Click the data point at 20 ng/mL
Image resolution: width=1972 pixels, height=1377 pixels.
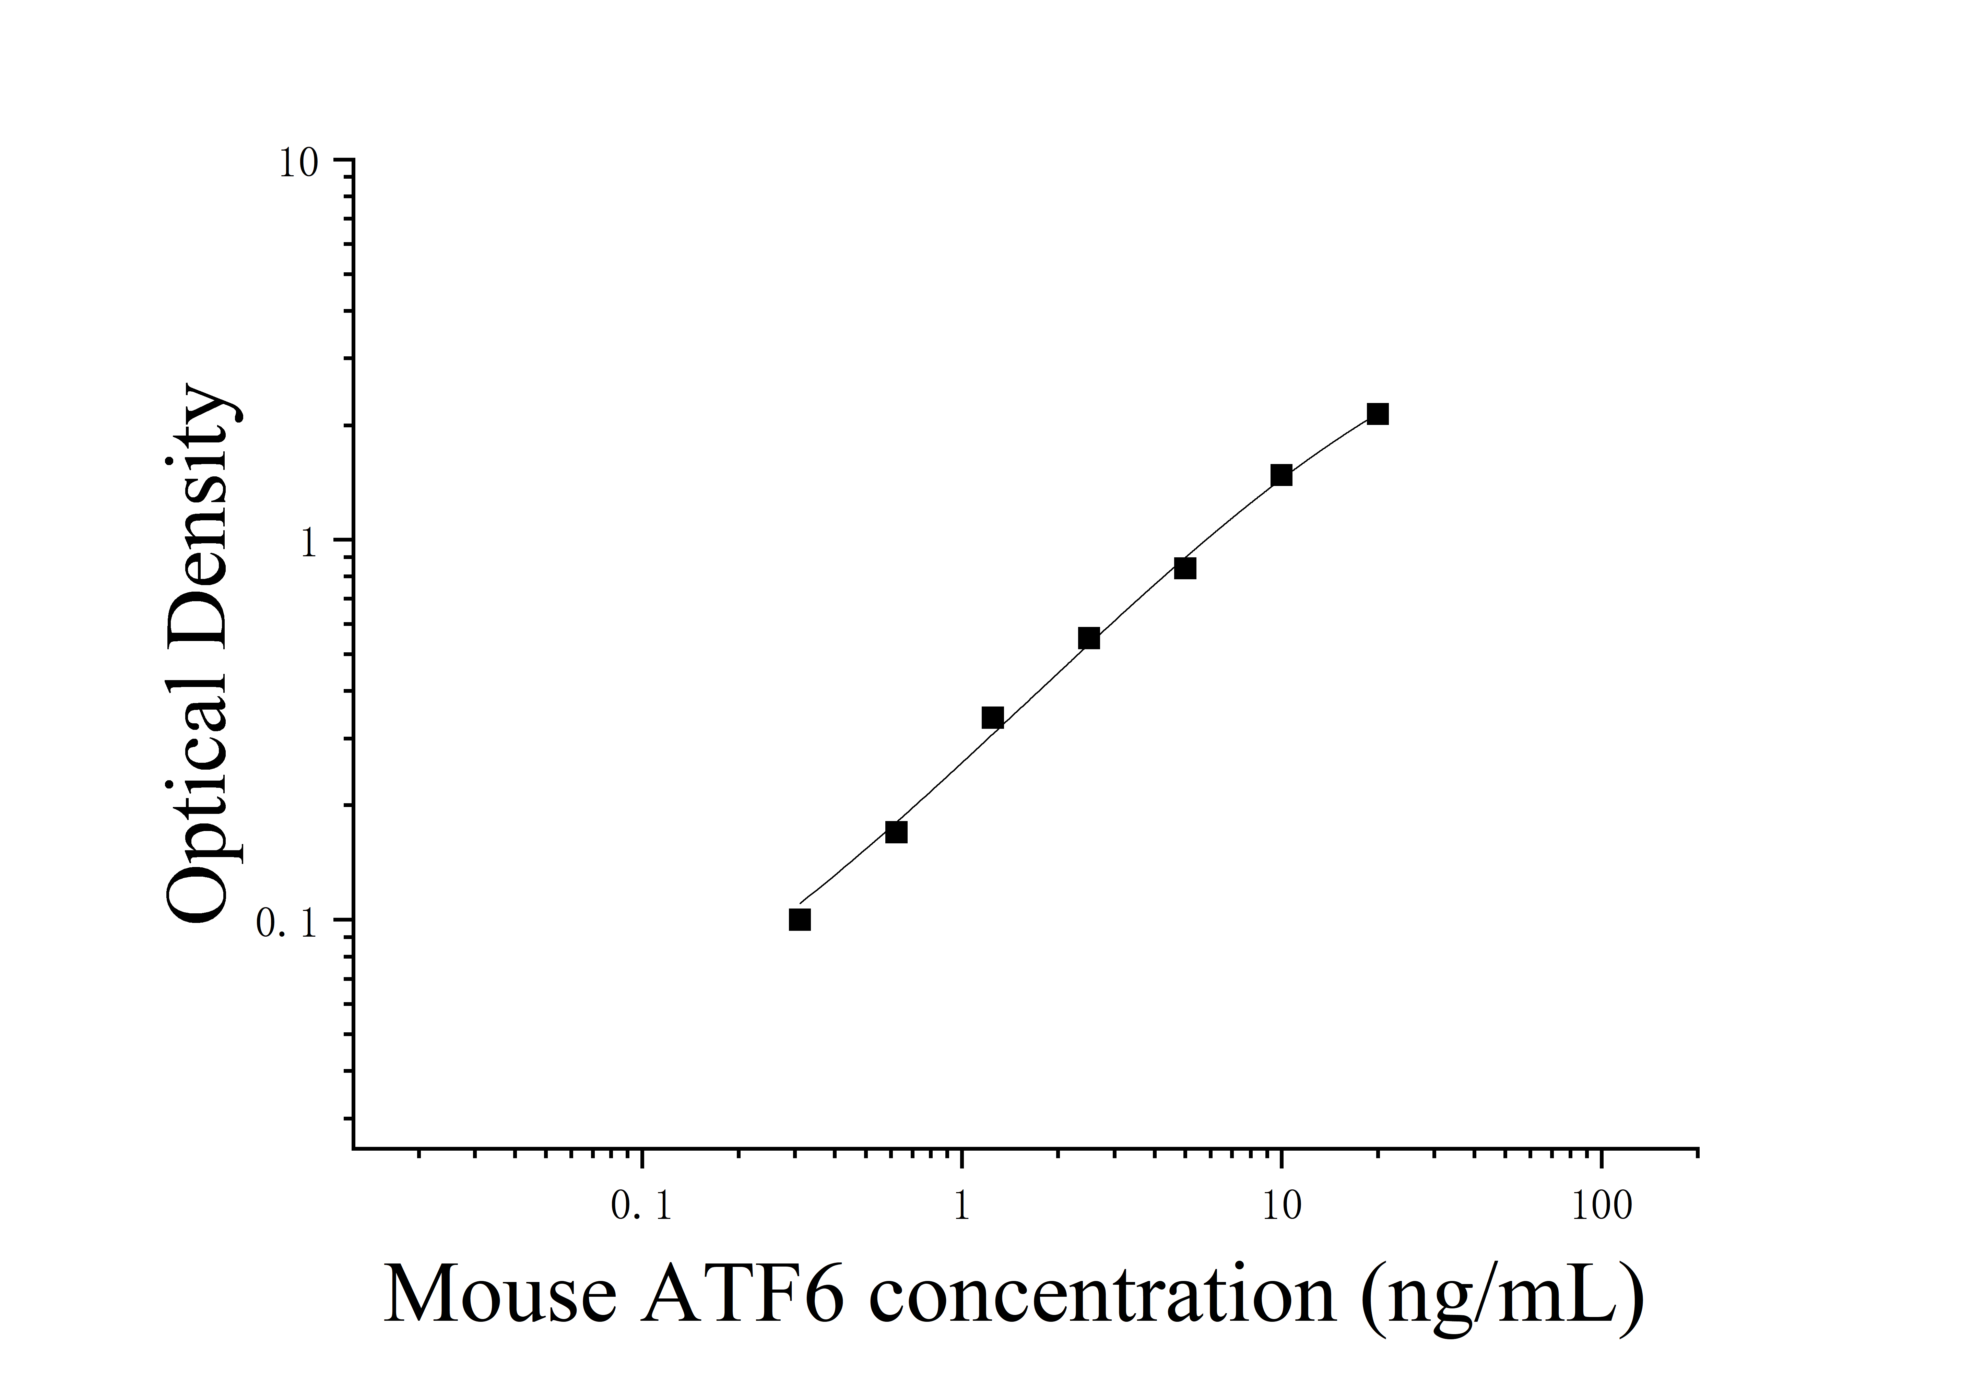tap(1378, 414)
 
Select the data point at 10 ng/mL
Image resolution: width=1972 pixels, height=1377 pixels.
tap(1282, 475)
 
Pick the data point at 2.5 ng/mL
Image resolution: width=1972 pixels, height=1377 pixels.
tap(1089, 638)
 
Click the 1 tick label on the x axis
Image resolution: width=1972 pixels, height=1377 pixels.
tap(962, 1207)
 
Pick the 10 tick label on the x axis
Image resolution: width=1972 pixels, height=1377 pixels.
tap(1282, 1207)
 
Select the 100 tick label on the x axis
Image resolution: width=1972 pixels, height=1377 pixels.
tap(1602, 1207)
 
